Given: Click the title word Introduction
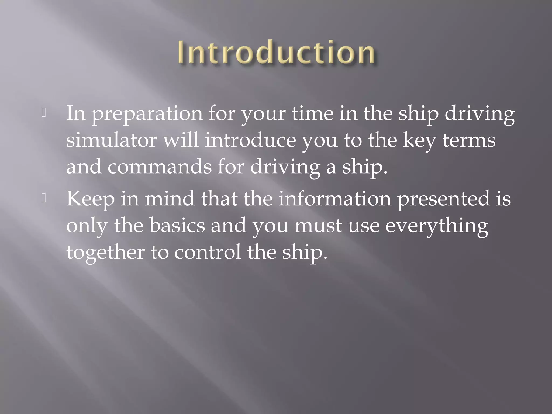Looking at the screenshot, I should (276, 52).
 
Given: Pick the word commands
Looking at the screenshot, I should (160, 167).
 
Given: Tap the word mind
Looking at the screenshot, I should (170, 198).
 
